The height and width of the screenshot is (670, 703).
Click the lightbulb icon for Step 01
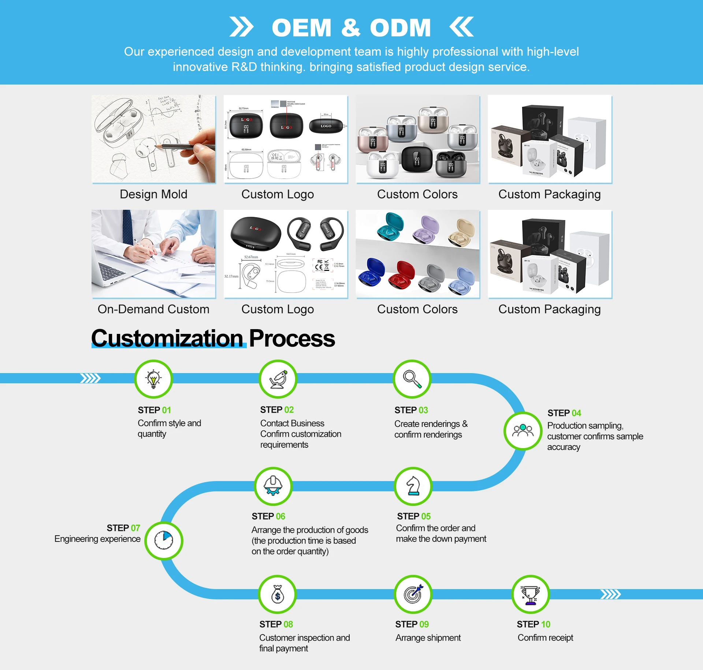(x=153, y=379)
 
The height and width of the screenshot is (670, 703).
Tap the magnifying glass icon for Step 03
(x=412, y=379)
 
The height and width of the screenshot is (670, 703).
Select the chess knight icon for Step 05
(x=413, y=486)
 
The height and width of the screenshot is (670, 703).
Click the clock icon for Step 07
(x=164, y=540)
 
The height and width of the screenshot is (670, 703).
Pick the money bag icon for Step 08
(x=278, y=594)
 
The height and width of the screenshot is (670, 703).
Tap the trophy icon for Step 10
(x=530, y=594)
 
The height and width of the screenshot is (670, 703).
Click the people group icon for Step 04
(x=523, y=431)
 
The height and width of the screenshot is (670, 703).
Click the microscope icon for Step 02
(x=278, y=379)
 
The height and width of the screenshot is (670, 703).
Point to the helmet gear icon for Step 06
(x=274, y=486)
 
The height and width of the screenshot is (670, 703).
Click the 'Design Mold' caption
(x=153, y=194)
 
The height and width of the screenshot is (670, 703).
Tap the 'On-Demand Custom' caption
(x=153, y=309)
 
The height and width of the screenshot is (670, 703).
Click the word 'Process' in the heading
(x=292, y=338)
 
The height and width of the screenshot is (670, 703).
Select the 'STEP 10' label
(x=533, y=624)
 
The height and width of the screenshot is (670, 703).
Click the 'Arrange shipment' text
(x=428, y=638)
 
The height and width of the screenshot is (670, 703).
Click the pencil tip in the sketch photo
(x=157, y=146)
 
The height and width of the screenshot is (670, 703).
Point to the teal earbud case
(x=390, y=224)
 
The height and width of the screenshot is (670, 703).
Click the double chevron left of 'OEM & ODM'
(x=241, y=27)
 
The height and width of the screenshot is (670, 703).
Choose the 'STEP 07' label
(x=123, y=528)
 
